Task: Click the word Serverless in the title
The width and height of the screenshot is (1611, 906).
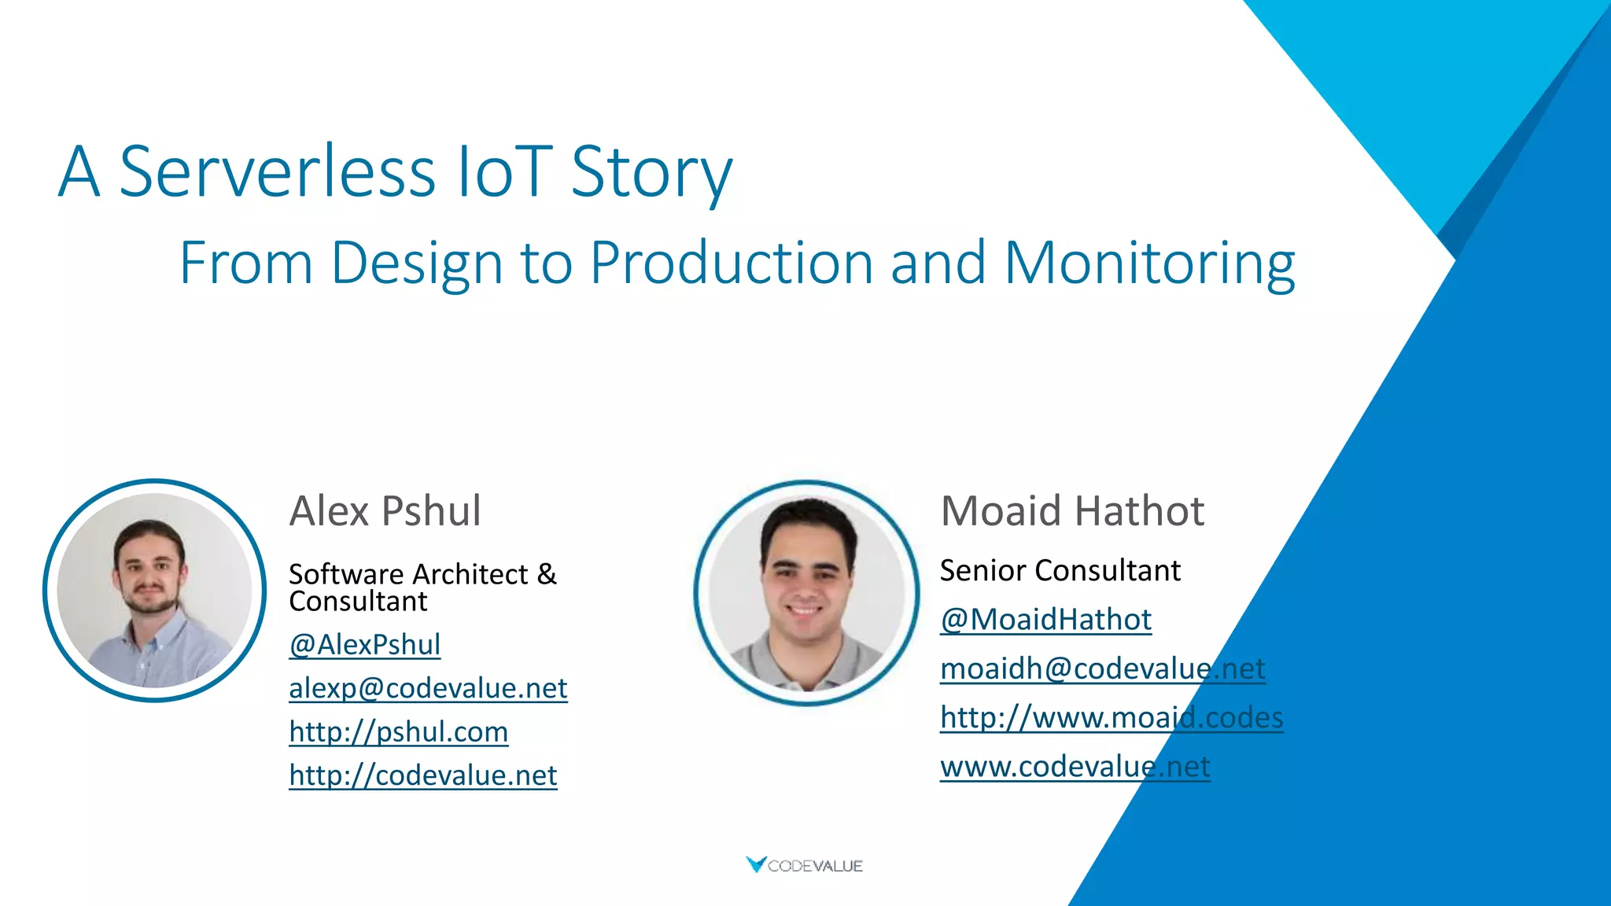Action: click(x=277, y=171)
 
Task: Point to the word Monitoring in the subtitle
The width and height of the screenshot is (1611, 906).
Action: click(x=1149, y=263)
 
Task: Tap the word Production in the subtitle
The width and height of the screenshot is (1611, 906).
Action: click(x=732, y=263)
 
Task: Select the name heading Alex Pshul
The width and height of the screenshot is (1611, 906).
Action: click(x=385, y=511)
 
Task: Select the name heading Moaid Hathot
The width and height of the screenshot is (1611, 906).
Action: click(x=1072, y=511)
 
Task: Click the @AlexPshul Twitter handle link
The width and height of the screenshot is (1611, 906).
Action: click(x=364, y=645)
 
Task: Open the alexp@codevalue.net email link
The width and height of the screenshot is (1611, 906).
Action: click(x=428, y=688)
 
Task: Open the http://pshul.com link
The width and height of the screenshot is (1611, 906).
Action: click(x=398, y=732)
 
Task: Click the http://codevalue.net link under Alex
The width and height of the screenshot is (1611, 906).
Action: click(x=422, y=775)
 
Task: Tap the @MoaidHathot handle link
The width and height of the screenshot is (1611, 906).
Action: click(x=1045, y=620)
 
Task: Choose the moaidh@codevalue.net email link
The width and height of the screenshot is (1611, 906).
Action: click(x=1102, y=668)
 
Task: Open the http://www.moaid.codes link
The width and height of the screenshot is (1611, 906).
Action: click(x=1111, y=717)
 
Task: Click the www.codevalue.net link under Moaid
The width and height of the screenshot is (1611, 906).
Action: click(x=1075, y=766)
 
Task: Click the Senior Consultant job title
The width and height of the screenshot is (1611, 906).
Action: click(x=1060, y=570)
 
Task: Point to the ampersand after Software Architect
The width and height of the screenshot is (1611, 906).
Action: click(x=547, y=574)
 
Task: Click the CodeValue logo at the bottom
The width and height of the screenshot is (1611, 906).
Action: click(x=805, y=865)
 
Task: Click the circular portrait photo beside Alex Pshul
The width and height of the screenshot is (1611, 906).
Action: click(x=155, y=591)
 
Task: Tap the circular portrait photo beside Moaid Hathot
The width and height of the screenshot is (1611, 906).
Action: click(x=806, y=593)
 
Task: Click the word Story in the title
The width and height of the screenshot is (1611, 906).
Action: click(x=651, y=171)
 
